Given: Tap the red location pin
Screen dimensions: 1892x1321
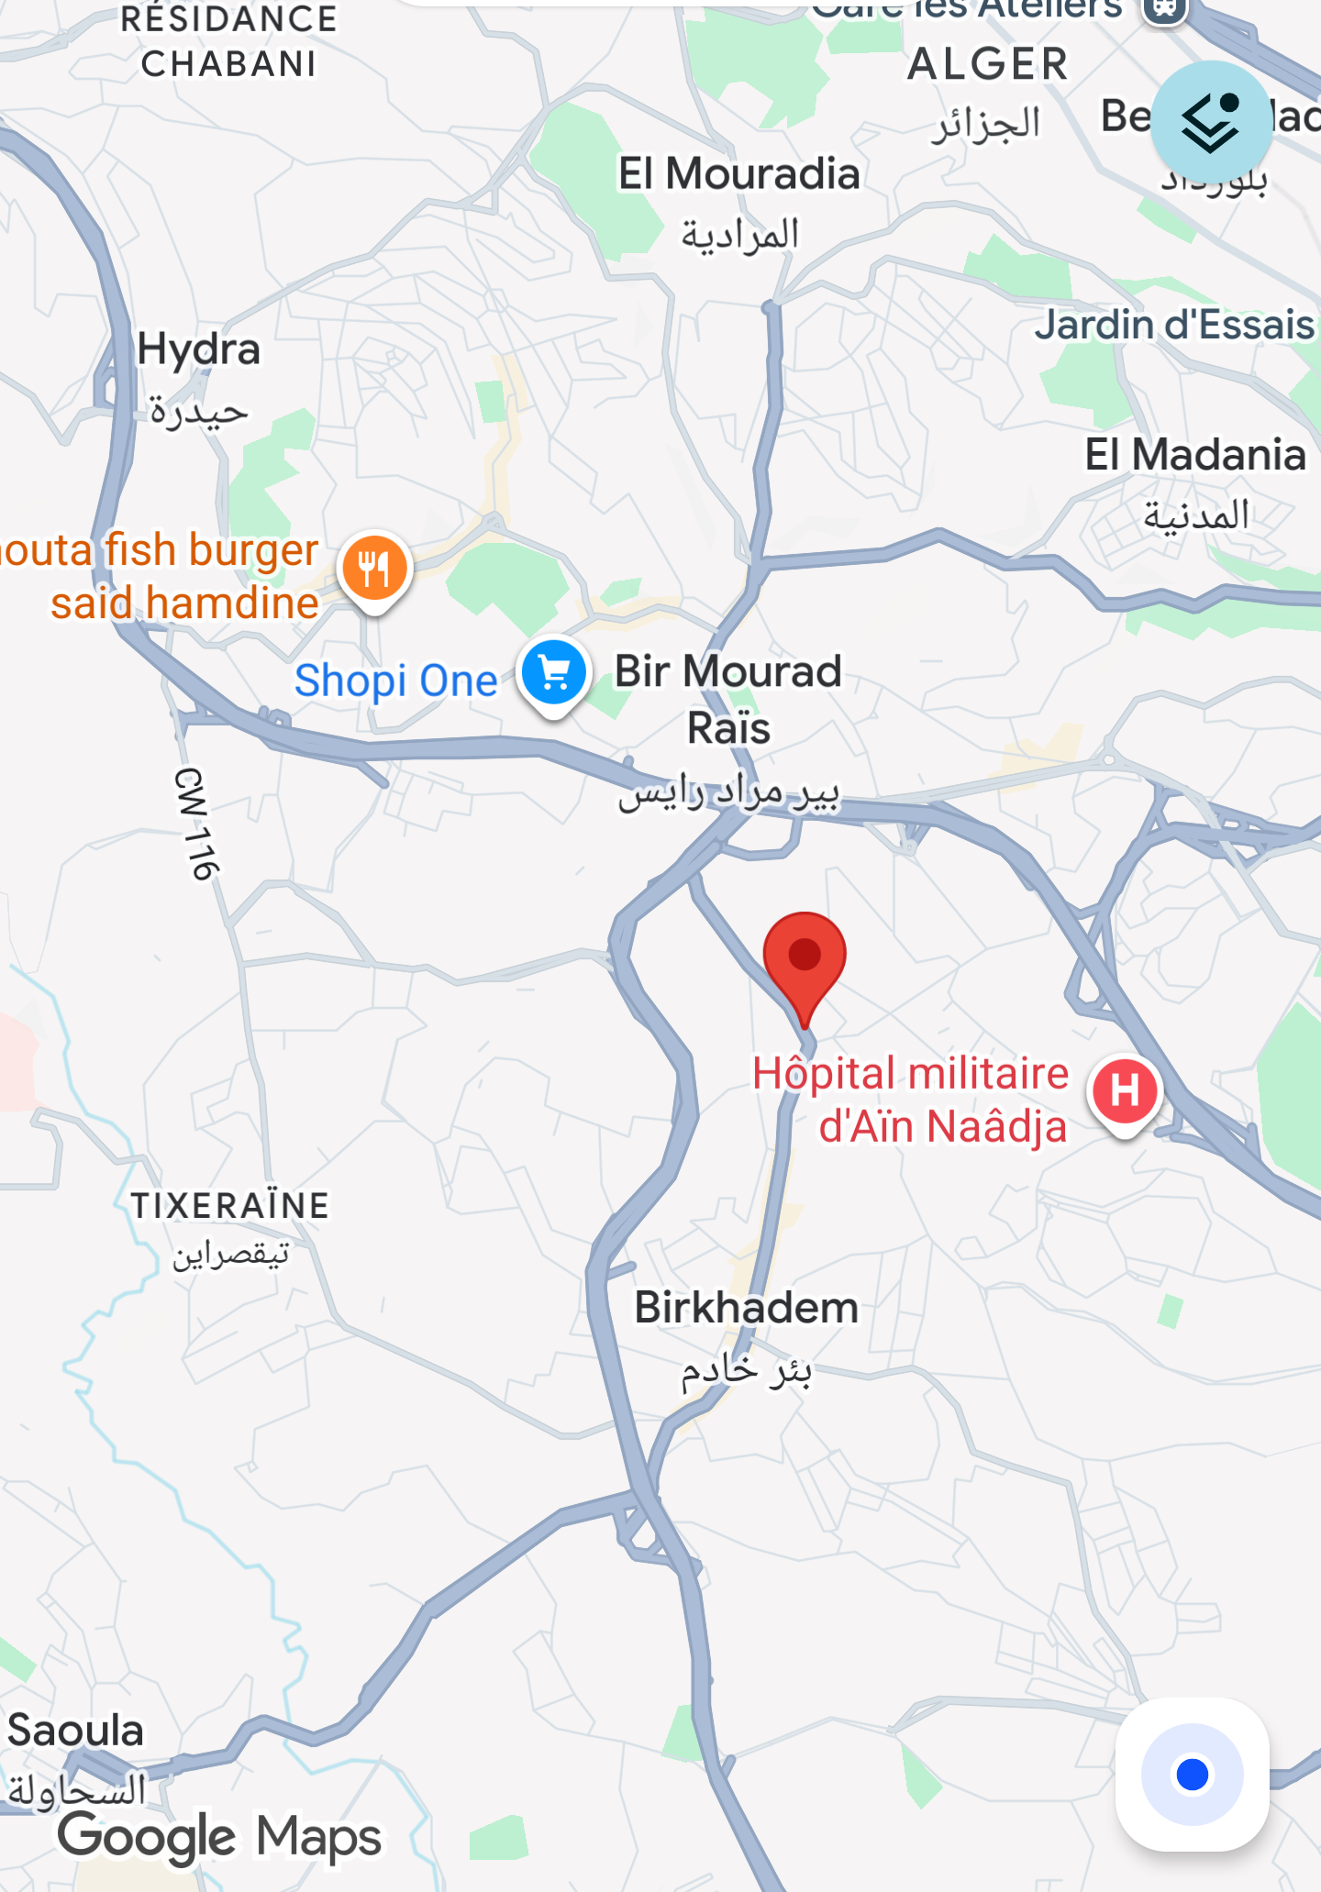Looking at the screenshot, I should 805,958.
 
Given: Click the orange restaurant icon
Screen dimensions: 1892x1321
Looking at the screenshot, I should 374,569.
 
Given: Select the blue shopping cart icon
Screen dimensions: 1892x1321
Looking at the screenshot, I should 553,674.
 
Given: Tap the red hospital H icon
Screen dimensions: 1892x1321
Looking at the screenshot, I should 1125,1090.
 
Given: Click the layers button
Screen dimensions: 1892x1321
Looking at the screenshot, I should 1211,122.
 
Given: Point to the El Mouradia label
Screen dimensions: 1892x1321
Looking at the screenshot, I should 738,174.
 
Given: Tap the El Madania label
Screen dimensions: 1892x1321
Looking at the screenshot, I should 1194,455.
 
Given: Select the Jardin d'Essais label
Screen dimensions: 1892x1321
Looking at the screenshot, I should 1174,326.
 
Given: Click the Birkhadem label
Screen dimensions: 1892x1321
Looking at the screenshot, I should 746,1308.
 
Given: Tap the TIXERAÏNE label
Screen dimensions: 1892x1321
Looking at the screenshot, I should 229,1206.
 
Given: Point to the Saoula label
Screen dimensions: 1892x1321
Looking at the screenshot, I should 75,1732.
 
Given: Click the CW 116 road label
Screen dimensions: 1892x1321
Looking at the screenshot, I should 195,824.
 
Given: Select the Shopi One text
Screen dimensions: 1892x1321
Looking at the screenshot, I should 395,680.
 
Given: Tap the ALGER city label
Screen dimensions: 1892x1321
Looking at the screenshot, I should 988,65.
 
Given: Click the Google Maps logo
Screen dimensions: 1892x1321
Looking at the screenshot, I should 219,1837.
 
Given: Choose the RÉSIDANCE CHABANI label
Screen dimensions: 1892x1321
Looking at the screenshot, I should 228,41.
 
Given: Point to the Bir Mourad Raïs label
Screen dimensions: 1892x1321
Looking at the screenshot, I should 727,699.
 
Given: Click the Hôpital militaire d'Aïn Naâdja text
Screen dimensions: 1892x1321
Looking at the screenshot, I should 911,1100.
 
